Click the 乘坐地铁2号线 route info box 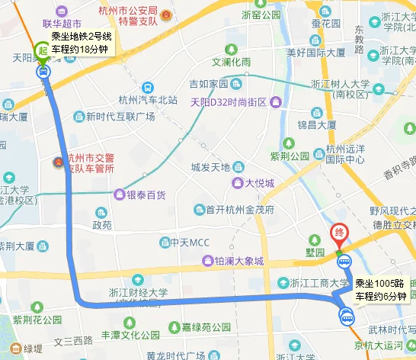coord(82,43)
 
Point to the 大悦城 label coord(259,183)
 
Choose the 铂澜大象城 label coord(238,261)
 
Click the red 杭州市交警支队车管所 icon coord(56,162)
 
